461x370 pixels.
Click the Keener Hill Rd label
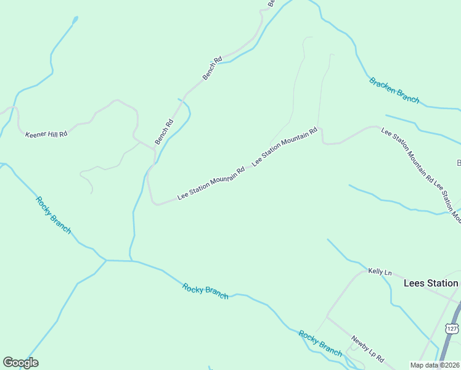(x=46, y=134)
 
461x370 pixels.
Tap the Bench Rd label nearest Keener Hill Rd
(x=164, y=131)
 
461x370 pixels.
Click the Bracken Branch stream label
(x=394, y=90)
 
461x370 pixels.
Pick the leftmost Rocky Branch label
(x=53, y=215)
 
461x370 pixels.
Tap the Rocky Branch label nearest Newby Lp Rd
(x=320, y=343)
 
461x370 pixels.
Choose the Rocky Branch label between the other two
(x=205, y=291)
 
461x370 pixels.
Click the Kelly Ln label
(x=380, y=272)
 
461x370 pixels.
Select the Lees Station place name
(x=431, y=283)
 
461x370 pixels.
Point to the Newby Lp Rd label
(x=368, y=348)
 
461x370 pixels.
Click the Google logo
(x=20, y=363)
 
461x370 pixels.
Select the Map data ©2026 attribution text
(x=434, y=365)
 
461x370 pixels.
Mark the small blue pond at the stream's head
(x=75, y=19)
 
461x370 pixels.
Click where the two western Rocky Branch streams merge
(x=106, y=260)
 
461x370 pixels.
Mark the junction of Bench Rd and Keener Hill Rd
(x=154, y=149)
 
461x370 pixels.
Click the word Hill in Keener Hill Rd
(x=46, y=134)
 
